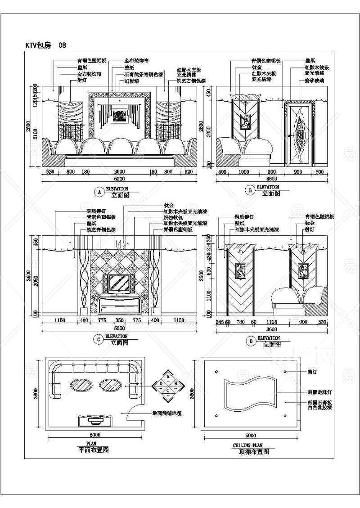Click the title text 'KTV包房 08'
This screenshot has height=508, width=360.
click(46, 45)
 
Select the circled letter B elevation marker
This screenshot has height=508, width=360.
click(250, 191)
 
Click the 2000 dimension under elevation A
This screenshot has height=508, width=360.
click(119, 172)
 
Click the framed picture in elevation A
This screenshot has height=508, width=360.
click(119, 116)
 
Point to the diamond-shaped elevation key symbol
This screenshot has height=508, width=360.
click(168, 383)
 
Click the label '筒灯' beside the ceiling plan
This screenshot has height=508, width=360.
click(300, 372)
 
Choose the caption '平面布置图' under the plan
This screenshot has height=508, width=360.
click(94, 450)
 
